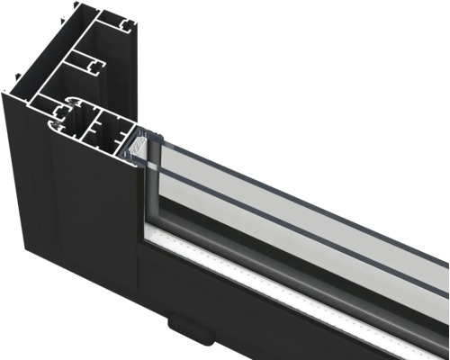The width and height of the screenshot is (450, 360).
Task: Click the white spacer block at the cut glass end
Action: click(139, 141)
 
